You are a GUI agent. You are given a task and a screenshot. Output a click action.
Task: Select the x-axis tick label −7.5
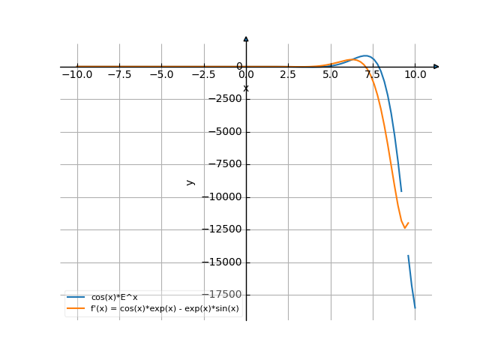(x=118, y=75)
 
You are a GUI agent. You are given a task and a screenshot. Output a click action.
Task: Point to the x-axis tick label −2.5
(x=203, y=75)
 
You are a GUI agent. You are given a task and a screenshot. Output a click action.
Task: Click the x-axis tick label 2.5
(x=288, y=75)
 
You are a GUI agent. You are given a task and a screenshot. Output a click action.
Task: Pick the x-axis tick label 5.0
(x=330, y=75)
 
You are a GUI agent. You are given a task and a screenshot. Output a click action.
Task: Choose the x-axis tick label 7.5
(x=373, y=75)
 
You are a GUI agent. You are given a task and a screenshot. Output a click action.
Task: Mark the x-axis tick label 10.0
(x=415, y=75)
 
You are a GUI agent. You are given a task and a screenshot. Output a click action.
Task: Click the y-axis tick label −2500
(x=223, y=99)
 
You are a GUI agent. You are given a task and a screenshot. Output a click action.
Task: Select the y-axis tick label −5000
(x=223, y=132)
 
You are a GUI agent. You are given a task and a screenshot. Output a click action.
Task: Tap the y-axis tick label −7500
(x=223, y=164)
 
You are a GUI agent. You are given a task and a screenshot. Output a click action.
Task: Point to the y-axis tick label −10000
(x=220, y=197)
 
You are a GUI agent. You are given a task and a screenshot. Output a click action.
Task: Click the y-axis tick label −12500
(x=220, y=229)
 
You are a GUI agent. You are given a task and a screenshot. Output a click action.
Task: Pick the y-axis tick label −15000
(x=220, y=262)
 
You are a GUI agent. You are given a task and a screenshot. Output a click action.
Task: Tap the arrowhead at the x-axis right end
(x=436, y=67)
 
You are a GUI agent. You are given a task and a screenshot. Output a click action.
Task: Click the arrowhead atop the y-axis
(x=246, y=38)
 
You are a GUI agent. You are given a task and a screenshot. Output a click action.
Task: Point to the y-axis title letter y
(x=190, y=181)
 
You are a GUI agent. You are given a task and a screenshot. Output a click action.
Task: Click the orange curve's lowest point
(x=405, y=227)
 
